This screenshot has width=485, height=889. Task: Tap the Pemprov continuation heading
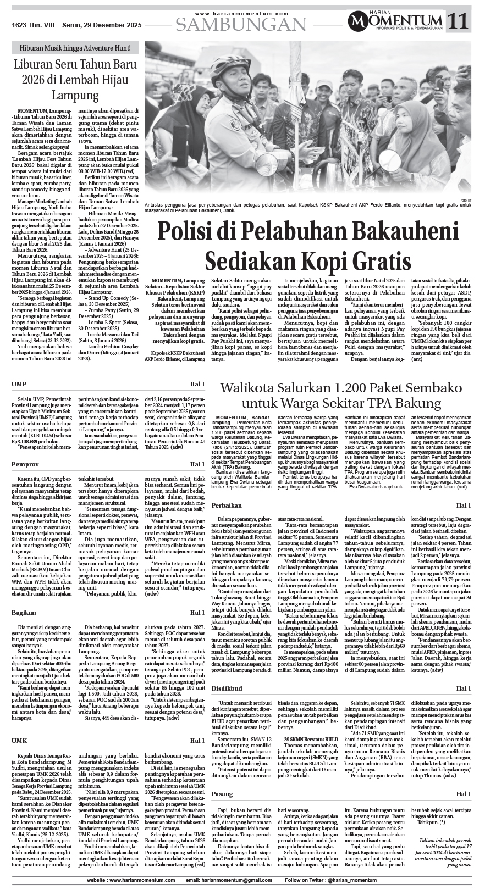pos(24,465)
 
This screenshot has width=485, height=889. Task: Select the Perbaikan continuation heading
pos(227,505)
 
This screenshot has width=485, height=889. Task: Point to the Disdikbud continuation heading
pos(227,688)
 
